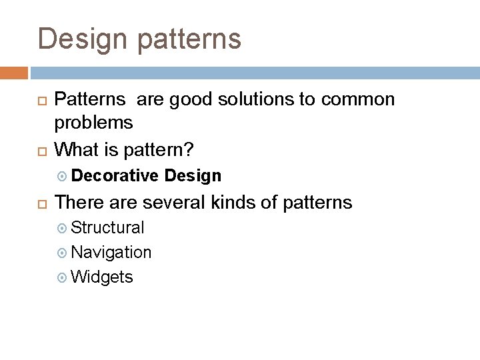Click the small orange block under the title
click(14, 72)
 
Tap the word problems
click(93, 123)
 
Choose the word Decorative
click(115, 175)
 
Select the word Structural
click(107, 227)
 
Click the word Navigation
click(111, 252)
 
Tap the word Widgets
click(101, 277)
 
